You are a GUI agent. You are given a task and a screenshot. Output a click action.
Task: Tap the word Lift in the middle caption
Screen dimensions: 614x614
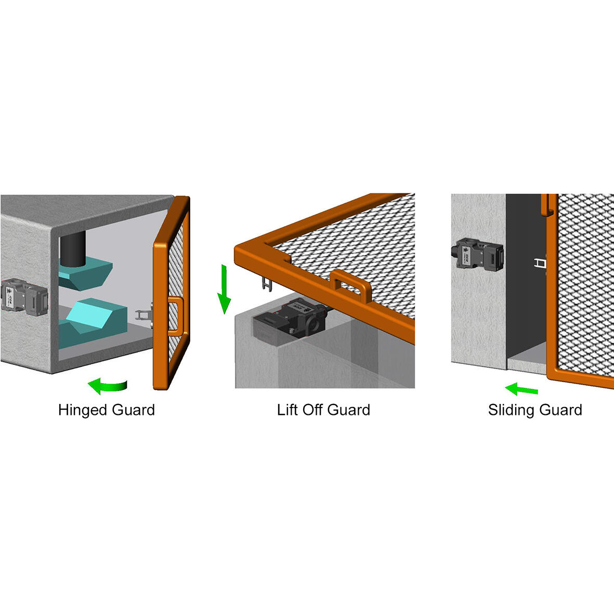(x=288, y=410)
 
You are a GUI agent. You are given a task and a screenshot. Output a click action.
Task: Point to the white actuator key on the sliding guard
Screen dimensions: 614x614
(x=541, y=264)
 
